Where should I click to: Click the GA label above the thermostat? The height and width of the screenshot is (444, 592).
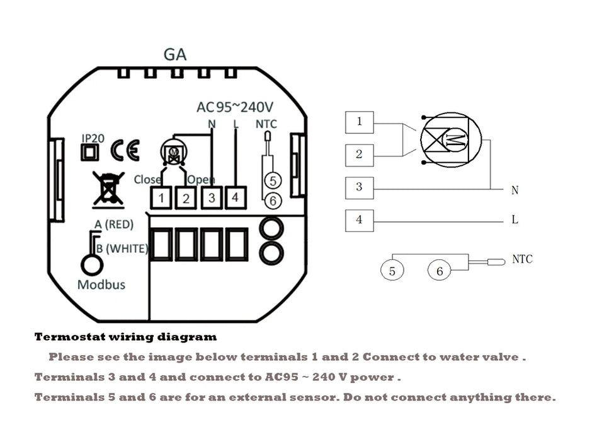pos(175,54)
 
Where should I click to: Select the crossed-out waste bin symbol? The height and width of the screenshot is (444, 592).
pos(108,188)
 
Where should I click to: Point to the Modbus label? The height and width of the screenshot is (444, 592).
pos(101,284)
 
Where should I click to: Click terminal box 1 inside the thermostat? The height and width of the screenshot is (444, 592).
pos(161,198)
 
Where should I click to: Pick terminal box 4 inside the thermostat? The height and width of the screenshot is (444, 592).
pos(235,197)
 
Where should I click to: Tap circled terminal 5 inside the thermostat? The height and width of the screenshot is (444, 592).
pos(272,180)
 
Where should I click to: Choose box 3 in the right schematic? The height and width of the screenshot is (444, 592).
pos(359,187)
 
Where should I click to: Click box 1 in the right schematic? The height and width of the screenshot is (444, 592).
pos(359,122)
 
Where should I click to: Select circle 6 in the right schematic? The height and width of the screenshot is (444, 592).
pos(440,271)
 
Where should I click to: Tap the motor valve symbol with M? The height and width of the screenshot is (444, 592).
pos(450,141)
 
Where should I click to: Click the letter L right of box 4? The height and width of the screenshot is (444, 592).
pos(515,220)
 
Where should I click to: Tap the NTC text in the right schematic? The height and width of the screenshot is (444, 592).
pos(522,259)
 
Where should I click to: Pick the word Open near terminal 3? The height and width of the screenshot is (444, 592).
pos(202,180)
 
